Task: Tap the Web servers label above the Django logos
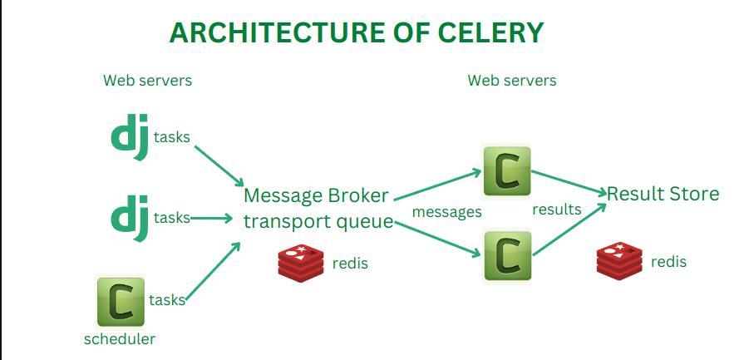click(x=147, y=81)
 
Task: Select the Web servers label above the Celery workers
click(x=512, y=81)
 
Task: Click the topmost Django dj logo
click(x=130, y=139)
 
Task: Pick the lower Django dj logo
click(x=130, y=218)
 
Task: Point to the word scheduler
click(x=120, y=339)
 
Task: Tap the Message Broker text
click(x=315, y=196)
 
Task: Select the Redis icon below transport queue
click(x=301, y=262)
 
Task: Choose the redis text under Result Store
click(x=668, y=262)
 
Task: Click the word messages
click(x=447, y=212)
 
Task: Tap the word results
click(x=557, y=210)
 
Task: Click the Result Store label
click(x=663, y=194)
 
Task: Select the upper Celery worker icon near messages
click(x=506, y=170)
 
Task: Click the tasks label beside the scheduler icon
click(x=167, y=299)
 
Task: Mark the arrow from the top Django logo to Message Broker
click(x=219, y=166)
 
